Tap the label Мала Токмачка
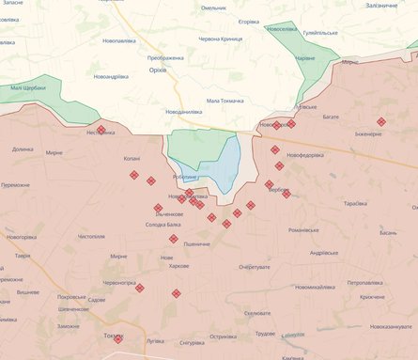[224, 101]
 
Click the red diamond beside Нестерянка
[101, 130]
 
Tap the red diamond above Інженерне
[380, 122]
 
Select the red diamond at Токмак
[118, 337]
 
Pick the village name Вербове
[278, 190]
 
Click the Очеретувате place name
[254, 267]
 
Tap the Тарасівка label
[355, 204]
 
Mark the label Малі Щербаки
[28, 87]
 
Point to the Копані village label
[132, 159]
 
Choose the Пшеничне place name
[196, 243]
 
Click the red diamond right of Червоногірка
[140, 288]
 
